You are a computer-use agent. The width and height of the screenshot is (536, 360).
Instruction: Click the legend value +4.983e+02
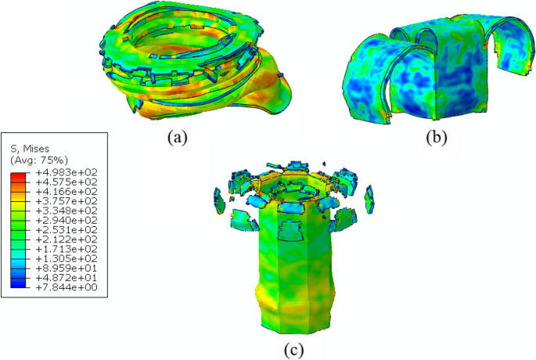67,172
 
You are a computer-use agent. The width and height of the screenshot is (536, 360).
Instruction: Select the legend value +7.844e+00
67,287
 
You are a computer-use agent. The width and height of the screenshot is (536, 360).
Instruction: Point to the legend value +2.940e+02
67,220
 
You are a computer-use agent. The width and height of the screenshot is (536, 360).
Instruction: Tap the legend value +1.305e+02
67,258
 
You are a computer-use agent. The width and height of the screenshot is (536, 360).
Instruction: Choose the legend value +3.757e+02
67,201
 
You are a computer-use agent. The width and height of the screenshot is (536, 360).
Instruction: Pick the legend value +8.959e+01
67,268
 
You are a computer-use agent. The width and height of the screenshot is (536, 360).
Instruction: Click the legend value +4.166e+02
67,192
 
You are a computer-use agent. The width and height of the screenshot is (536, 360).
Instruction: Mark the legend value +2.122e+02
67,239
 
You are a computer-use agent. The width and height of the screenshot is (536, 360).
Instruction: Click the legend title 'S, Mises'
30,149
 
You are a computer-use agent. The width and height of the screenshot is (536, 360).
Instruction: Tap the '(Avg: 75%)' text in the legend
39,160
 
